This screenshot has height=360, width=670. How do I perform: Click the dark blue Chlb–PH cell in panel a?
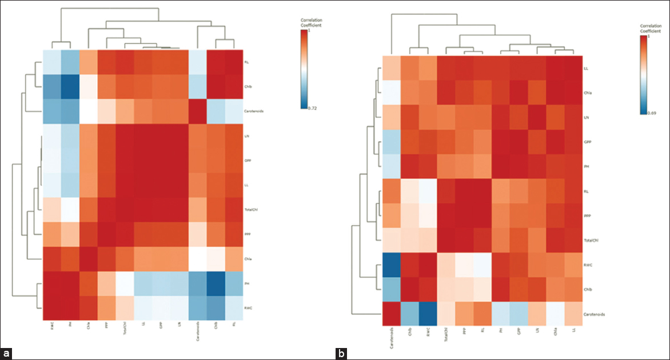pos(70,86)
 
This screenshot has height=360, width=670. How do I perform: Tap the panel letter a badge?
pos(6,353)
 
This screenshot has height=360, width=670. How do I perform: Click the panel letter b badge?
pos(341,354)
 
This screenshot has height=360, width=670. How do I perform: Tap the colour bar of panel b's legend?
pos(643,74)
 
